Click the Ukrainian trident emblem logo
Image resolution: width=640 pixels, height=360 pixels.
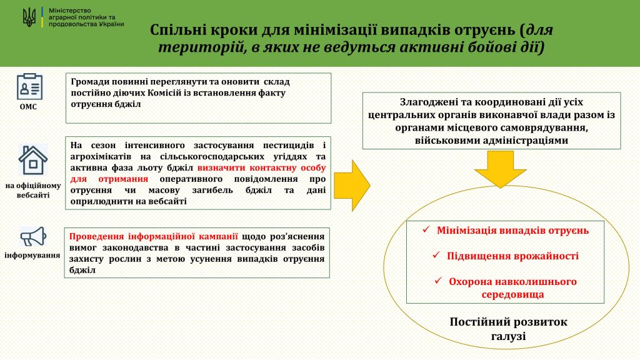pos(29,17)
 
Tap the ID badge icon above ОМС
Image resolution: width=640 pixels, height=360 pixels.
pos(29,86)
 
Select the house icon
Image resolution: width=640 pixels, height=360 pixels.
pos(32,161)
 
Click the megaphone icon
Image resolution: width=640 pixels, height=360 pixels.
pos(33,237)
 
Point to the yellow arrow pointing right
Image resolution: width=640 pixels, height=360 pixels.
pos(352,186)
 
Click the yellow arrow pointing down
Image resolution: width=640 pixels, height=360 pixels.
pos(501,169)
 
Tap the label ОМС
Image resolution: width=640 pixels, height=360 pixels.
pos(28,107)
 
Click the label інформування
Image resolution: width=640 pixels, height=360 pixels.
pos(32,256)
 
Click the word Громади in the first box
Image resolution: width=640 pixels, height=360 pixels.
pos(89,82)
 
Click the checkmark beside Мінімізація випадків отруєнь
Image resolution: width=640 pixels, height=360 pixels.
pos(426,230)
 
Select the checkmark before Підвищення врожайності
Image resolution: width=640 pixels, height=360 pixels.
pos(436,255)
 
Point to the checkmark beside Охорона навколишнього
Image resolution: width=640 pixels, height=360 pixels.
pos(438,281)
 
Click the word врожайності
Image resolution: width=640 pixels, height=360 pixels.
pos(546,256)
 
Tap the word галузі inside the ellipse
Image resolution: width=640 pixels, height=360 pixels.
pos(509,337)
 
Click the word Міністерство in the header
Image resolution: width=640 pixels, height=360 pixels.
pos(70,11)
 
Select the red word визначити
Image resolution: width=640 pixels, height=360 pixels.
pos(221,167)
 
